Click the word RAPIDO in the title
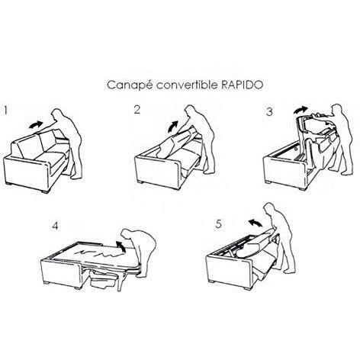coord(242,85)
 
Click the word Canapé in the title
coord(130,85)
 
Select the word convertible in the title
coord(187,85)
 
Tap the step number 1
coord(6,111)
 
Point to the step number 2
coord(137,110)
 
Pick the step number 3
coord(269,111)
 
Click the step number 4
coord(55,226)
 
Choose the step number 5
coord(219,224)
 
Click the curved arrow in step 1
coord(36,124)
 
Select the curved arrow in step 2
coord(173,127)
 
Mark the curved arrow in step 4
coord(121,246)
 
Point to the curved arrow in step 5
coord(255,223)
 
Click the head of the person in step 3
coord(337,109)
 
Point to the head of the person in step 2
coord(190,111)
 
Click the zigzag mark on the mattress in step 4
coord(97,252)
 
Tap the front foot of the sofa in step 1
coord(45,191)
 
